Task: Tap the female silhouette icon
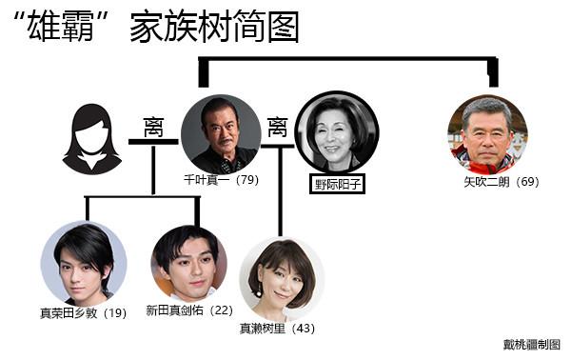tap(91, 140)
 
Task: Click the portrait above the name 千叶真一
tap(220, 133)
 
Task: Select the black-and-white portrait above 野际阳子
tap(337, 132)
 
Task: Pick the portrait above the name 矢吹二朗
tap(487, 134)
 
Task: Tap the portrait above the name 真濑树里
tap(281, 279)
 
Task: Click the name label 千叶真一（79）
tap(221, 179)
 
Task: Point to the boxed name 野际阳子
tap(337, 181)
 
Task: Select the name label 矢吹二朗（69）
tap(501, 181)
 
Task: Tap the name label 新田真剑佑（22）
tap(188, 311)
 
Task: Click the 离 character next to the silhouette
tap(153, 126)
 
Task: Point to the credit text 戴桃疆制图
tap(532, 344)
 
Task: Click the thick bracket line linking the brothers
tap(347, 58)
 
